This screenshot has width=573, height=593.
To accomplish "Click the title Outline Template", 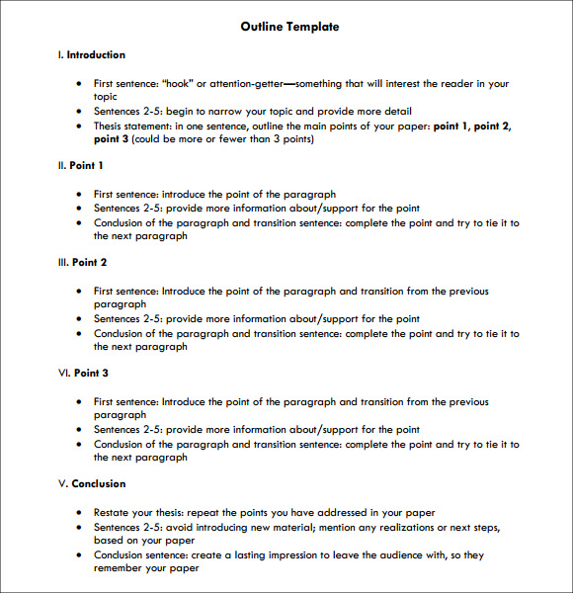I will [289, 27].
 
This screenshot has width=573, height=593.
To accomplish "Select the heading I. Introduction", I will [92, 55].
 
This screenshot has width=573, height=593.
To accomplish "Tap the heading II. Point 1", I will [81, 166].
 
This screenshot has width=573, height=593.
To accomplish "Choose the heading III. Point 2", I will [83, 263].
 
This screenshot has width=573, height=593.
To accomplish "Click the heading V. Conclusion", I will [92, 484].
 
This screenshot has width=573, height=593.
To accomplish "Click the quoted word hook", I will [177, 84].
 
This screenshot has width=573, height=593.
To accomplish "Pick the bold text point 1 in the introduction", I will [453, 127].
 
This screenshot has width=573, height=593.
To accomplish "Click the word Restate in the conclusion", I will [113, 513].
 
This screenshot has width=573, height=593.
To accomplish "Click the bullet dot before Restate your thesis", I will [79, 514].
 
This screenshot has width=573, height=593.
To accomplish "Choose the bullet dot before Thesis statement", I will [79, 127].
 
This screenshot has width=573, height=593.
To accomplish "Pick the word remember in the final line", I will [120, 569].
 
